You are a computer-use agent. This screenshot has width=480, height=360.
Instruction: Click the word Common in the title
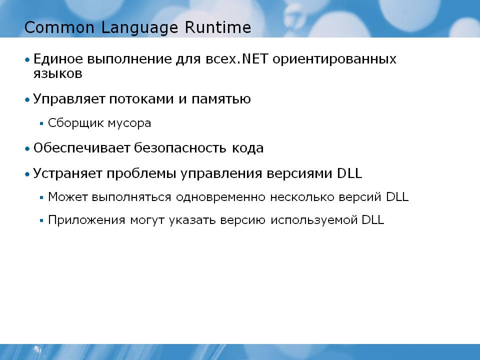pos(59,27)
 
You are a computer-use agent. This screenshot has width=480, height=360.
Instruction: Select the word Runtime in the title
pos(217,27)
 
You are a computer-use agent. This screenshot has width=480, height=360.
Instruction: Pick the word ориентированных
pos(334,59)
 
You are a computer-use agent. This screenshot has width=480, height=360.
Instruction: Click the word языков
pos(58,74)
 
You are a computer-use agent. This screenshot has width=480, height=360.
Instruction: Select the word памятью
pos(221,99)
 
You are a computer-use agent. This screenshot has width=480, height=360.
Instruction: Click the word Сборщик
pos(76,123)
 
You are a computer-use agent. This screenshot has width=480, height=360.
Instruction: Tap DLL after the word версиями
pos(349,173)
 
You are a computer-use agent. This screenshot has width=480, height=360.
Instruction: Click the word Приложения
pos(86,220)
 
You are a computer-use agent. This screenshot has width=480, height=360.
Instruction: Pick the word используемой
pos(314,220)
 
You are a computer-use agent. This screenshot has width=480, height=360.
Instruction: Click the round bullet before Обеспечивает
pos(27,149)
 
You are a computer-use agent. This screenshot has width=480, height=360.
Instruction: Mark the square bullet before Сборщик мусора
pos(41,123)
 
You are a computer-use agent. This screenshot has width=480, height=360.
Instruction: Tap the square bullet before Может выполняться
pos(41,197)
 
